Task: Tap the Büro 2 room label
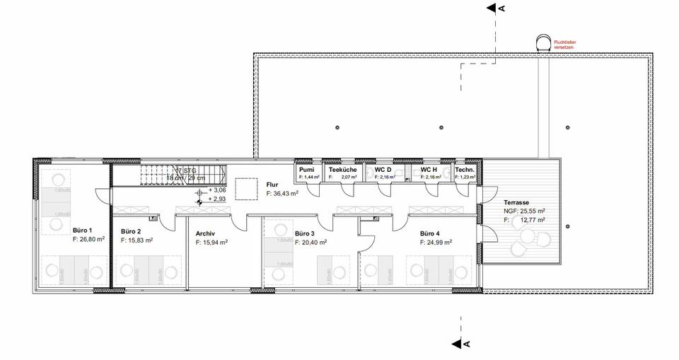pos(131,232)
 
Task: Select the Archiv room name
pos(205,233)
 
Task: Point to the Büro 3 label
pos(304,233)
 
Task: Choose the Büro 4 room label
pos(429,233)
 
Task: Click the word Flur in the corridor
pos(273,185)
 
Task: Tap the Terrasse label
pos(516,202)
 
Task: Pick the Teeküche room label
pos(342,170)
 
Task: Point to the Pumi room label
pos(306,170)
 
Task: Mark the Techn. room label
pos(465,170)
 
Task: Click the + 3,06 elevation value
pos(216,191)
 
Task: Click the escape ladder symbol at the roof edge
pos(545,42)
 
